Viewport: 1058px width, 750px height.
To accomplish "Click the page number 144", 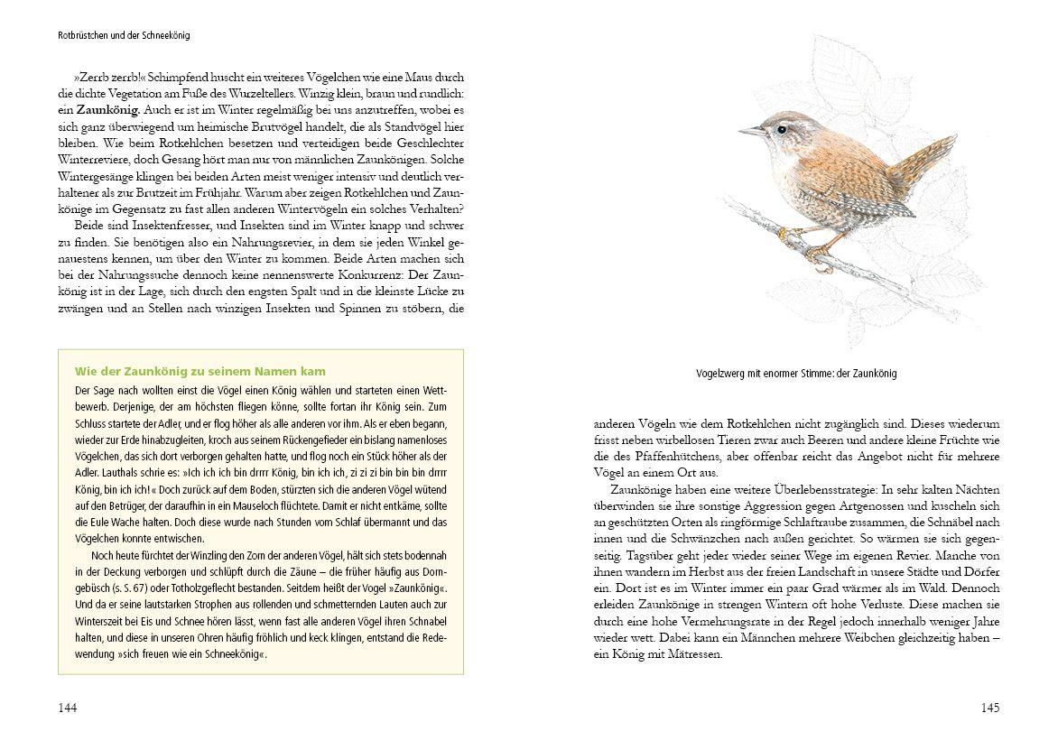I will tap(68, 708).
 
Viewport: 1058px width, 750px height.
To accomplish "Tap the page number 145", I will tap(989, 708).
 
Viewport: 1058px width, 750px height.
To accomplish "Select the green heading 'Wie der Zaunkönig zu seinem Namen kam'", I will tap(200, 371).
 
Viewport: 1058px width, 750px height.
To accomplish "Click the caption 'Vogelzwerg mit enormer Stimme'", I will tap(796, 374).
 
